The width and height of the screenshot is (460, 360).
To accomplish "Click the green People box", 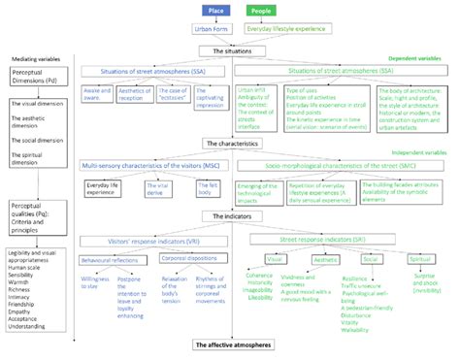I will [x=259, y=11].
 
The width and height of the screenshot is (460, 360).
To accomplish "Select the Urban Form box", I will [x=213, y=31].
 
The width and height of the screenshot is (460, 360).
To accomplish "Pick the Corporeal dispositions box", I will [x=189, y=259].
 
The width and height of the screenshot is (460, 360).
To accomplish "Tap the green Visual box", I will [x=274, y=260].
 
